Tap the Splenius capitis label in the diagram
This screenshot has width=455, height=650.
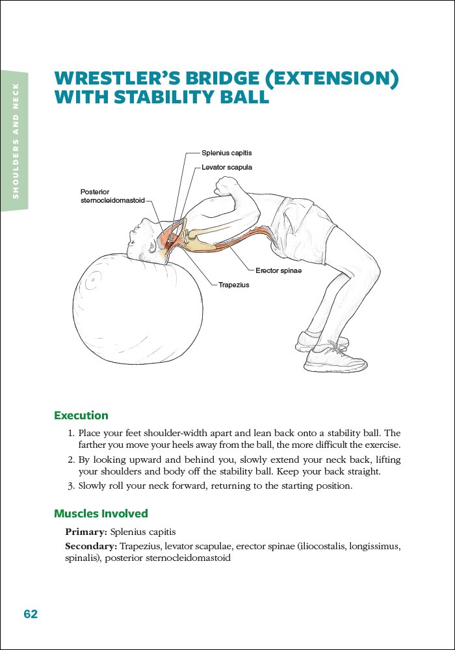pos(226,153)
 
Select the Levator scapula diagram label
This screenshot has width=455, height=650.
pos(226,167)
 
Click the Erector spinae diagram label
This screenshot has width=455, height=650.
pos(278,270)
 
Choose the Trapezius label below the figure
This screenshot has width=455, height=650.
pos(233,285)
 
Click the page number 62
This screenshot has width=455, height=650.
pos(31,614)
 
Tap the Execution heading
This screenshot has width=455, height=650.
pos(81,415)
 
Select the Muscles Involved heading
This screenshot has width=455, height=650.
pos(101,514)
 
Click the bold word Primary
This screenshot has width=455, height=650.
pos(86,532)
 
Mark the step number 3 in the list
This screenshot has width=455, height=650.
pos(71,486)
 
